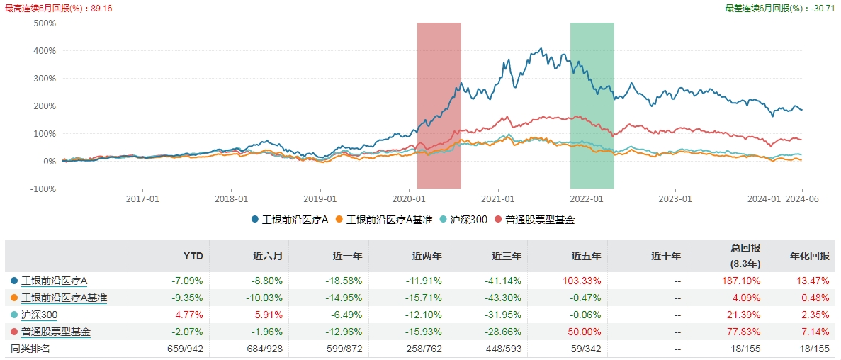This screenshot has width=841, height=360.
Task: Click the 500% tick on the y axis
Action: (x=44, y=23)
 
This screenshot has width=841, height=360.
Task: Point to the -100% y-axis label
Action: (x=43, y=189)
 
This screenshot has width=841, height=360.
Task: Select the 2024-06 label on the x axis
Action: (x=801, y=200)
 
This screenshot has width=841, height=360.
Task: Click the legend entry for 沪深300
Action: (x=466, y=220)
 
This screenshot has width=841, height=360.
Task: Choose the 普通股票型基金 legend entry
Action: (x=539, y=220)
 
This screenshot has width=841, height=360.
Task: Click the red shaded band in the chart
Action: (x=439, y=106)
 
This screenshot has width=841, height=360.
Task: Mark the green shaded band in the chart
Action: (x=592, y=106)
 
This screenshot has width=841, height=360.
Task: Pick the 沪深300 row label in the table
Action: (x=40, y=315)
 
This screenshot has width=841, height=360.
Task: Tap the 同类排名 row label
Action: (x=30, y=349)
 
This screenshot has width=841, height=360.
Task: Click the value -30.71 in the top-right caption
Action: (x=824, y=8)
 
